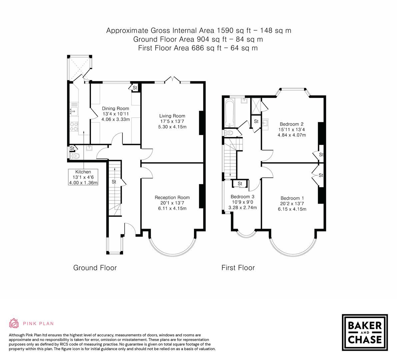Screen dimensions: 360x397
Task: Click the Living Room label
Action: point(172,116)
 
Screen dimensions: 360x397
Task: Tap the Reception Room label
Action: point(172,197)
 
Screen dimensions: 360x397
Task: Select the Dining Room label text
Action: point(115,108)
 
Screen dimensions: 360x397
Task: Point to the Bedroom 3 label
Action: point(242,196)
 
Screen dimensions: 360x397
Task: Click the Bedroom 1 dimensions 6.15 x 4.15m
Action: point(292,209)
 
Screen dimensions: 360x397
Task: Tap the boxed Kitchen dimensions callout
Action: point(83,177)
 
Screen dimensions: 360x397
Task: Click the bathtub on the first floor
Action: point(230,112)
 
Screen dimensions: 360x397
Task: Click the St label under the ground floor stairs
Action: point(114,182)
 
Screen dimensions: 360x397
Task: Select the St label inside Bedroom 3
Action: point(240,184)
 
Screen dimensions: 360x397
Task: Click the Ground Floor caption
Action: point(95,268)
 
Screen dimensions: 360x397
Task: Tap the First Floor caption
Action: point(238,268)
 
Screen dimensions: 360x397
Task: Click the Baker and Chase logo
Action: point(365,332)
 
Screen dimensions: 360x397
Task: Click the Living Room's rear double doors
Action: point(173,79)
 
